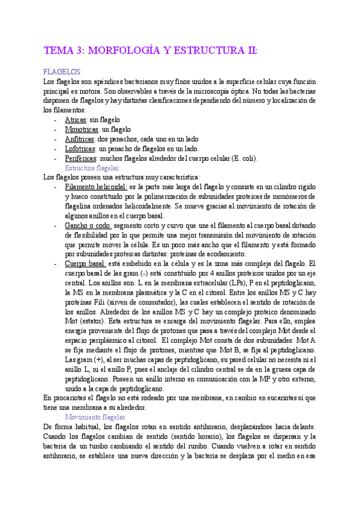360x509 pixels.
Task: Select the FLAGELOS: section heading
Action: point(63,71)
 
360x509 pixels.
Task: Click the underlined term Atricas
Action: point(76,120)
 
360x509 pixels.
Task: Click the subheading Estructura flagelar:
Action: point(92,168)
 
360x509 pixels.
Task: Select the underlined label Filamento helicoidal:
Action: point(95,187)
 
